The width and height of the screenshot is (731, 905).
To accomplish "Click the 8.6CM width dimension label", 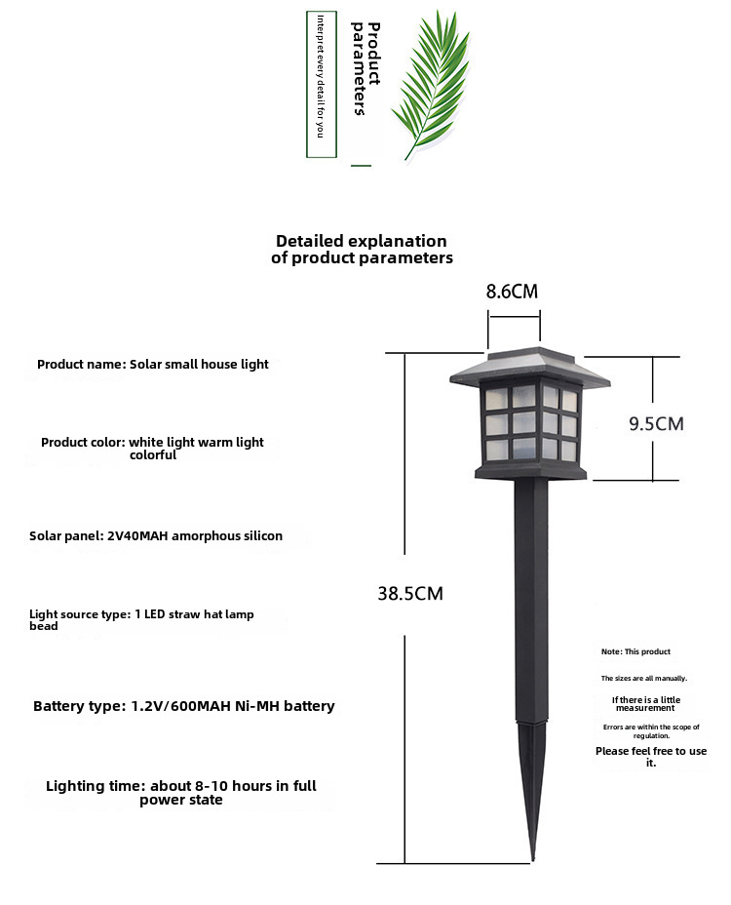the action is [x=511, y=292].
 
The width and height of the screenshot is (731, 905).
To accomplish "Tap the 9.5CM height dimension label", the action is [x=656, y=423].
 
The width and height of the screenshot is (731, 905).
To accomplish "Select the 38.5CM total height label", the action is [x=410, y=593].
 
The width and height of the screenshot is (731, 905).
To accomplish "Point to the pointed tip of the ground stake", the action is [x=532, y=860].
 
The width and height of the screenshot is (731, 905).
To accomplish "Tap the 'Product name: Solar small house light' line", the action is [x=153, y=364].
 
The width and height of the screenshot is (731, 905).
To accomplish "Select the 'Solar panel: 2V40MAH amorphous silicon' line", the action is [x=156, y=535].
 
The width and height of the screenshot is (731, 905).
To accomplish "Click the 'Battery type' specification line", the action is [x=183, y=706].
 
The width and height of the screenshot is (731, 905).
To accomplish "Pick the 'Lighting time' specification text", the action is [x=181, y=793].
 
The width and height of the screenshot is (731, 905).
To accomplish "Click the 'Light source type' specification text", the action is [x=141, y=620].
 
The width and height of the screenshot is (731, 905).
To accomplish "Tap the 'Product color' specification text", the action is [x=152, y=449].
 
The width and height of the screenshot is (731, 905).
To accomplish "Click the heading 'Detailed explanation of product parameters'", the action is [x=362, y=249].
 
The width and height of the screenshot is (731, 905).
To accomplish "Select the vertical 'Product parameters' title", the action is [x=366, y=68].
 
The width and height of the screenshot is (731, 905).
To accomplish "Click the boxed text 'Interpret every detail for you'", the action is [x=321, y=84].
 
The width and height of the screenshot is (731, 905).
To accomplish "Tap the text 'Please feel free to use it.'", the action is [x=651, y=757].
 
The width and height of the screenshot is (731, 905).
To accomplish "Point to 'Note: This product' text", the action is [x=635, y=651].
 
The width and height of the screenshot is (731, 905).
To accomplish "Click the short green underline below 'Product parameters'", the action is [x=362, y=166].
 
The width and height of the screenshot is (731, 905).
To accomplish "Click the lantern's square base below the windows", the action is [x=531, y=473].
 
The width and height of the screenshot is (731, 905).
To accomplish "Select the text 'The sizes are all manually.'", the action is [x=644, y=678].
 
